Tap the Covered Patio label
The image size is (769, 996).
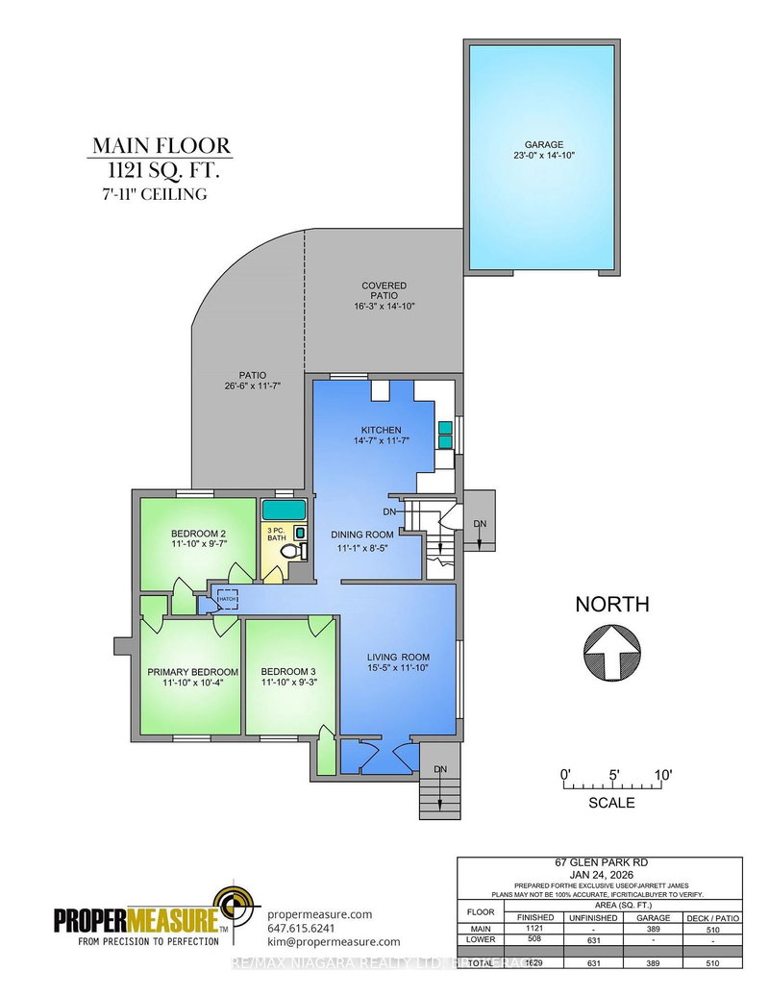click(384, 286)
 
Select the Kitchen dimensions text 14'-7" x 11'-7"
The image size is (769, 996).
click(381, 441)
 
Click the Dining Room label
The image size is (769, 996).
click(362, 534)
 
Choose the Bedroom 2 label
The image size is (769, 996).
click(199, 534)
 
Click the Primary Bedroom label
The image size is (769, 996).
click(192, 671)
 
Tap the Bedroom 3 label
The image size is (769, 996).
click(288, 671)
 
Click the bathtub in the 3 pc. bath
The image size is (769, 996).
click(284, 509)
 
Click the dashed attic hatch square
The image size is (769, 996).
click(227, 598)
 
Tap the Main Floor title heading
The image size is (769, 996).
click(161, 146)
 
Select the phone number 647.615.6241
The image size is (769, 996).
click(301, 929)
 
